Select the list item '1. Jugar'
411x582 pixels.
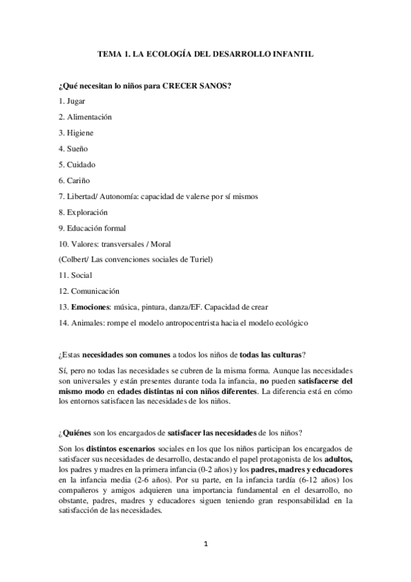(x=72, y=101)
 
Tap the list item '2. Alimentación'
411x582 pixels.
(x=85, y=117)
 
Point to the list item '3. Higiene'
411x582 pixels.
(x=76, y=132)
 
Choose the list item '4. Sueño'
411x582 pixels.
(x=73, y=148)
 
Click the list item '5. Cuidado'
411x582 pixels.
(x=77, y=165)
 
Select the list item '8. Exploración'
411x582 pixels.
(x=84, y=212)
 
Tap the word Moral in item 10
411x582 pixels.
(x=161, y=244)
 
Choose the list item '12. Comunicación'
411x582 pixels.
(x=86, y=290)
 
